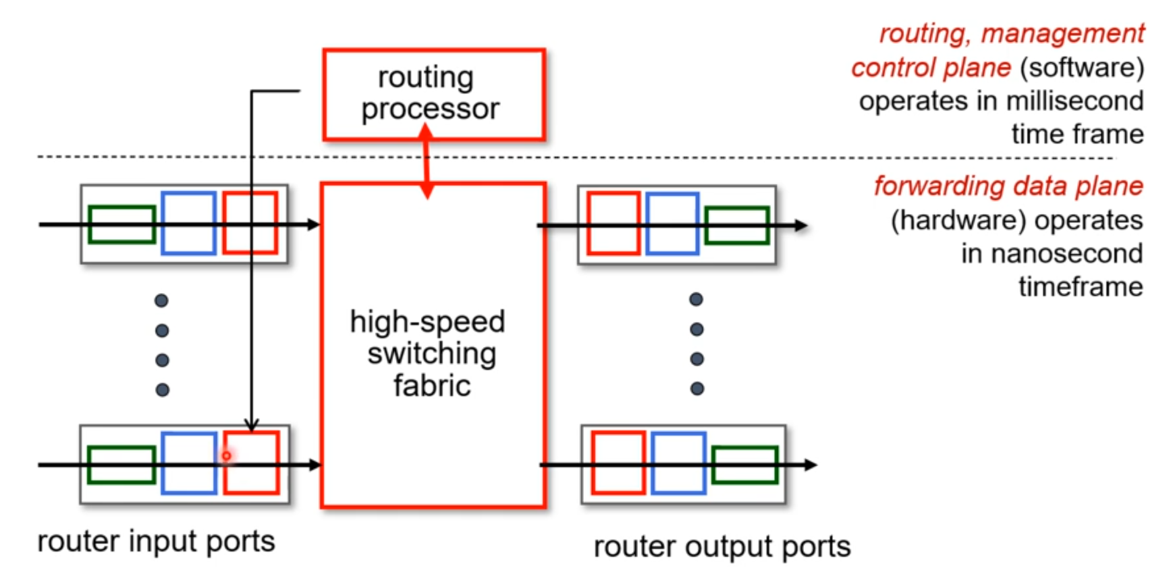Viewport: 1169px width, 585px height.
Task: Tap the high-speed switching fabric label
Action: point(428,353)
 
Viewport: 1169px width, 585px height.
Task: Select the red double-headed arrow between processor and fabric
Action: point(426,161)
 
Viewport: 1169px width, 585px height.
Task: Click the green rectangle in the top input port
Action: point(122,208)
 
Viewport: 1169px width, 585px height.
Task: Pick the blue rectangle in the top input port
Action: point(189,193)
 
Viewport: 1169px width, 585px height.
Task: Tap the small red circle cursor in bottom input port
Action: point(227,455)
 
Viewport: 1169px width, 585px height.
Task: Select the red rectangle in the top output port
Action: point(614,193)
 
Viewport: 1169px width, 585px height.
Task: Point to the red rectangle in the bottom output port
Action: point(618,434)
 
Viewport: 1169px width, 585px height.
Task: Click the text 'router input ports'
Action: point(156,542)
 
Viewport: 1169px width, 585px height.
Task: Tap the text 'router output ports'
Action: point(722,546)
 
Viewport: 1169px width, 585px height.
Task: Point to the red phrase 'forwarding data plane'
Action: point(1008,186)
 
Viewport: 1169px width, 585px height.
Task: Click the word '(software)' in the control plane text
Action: point(1081,68)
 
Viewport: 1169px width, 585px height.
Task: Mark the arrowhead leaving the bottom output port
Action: point(810,465)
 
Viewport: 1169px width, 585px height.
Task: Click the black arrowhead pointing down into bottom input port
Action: point(252,426)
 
